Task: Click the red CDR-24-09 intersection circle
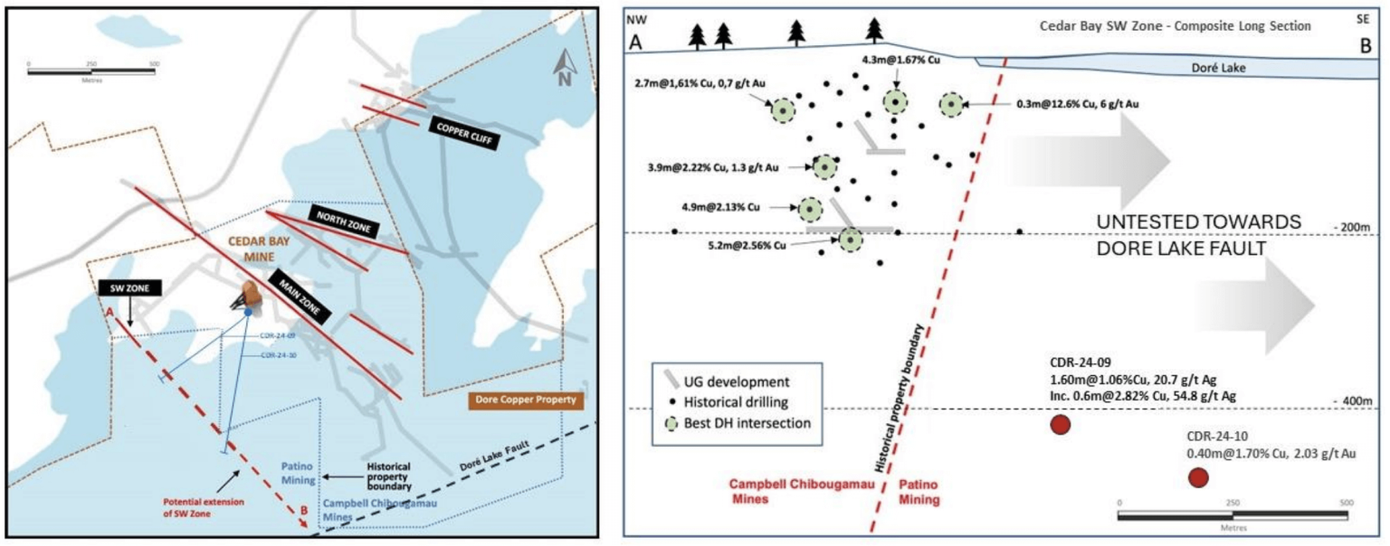(x=1060, y=424)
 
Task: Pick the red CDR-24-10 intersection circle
(x=1198, y=477)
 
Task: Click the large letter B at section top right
(x=1364, y=45)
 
